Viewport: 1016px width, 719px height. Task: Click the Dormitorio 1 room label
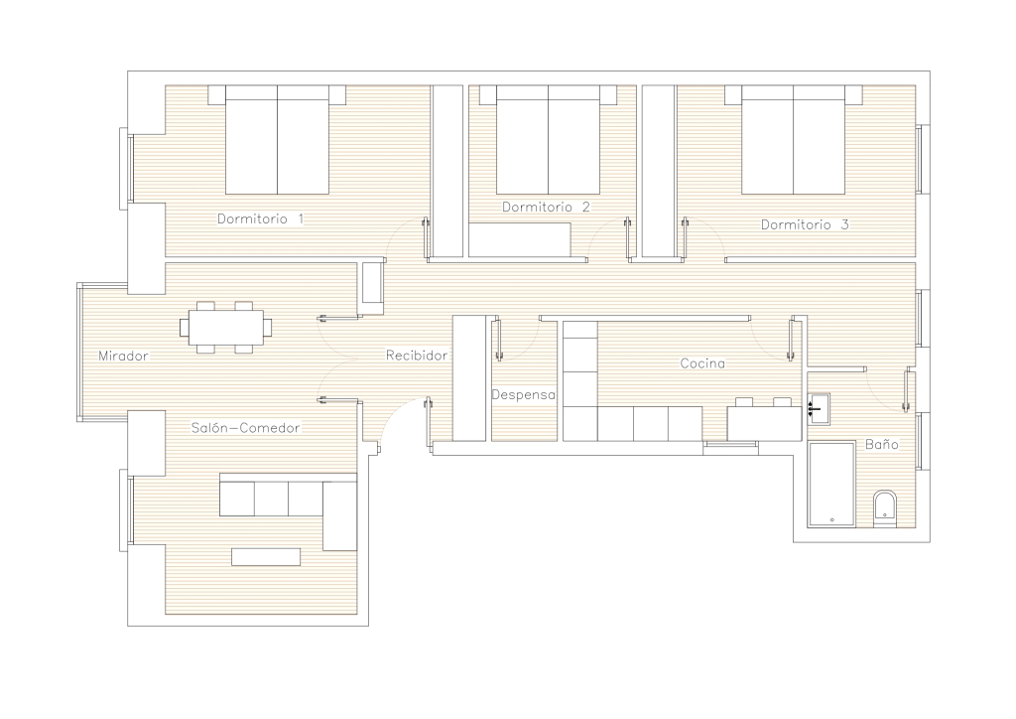(261, 219)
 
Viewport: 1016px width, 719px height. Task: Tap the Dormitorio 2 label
(547, 207)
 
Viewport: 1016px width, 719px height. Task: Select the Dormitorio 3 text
(805, 224)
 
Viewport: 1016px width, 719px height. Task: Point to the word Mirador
(123, 356)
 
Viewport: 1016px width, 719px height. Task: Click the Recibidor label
(417, 356)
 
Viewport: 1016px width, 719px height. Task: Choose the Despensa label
(524, 395)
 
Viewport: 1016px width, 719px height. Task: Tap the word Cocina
(702, 363)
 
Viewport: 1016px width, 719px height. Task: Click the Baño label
(882, 444)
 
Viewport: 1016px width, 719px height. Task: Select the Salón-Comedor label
(246, 428)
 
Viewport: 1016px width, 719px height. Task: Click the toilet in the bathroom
(884, 508)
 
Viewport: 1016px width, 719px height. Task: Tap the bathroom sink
(819, 408)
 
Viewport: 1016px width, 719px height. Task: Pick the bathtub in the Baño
(831, 485)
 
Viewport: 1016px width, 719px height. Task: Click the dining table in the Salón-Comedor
(226, 327)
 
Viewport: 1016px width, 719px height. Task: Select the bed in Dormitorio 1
(278, 139)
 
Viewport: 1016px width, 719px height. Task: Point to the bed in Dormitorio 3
(793, 139)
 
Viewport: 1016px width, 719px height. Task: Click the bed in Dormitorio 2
(548, 139)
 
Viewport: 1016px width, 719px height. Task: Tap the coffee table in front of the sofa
(266, 557)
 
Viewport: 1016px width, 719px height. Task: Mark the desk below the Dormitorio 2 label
(520, 240)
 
